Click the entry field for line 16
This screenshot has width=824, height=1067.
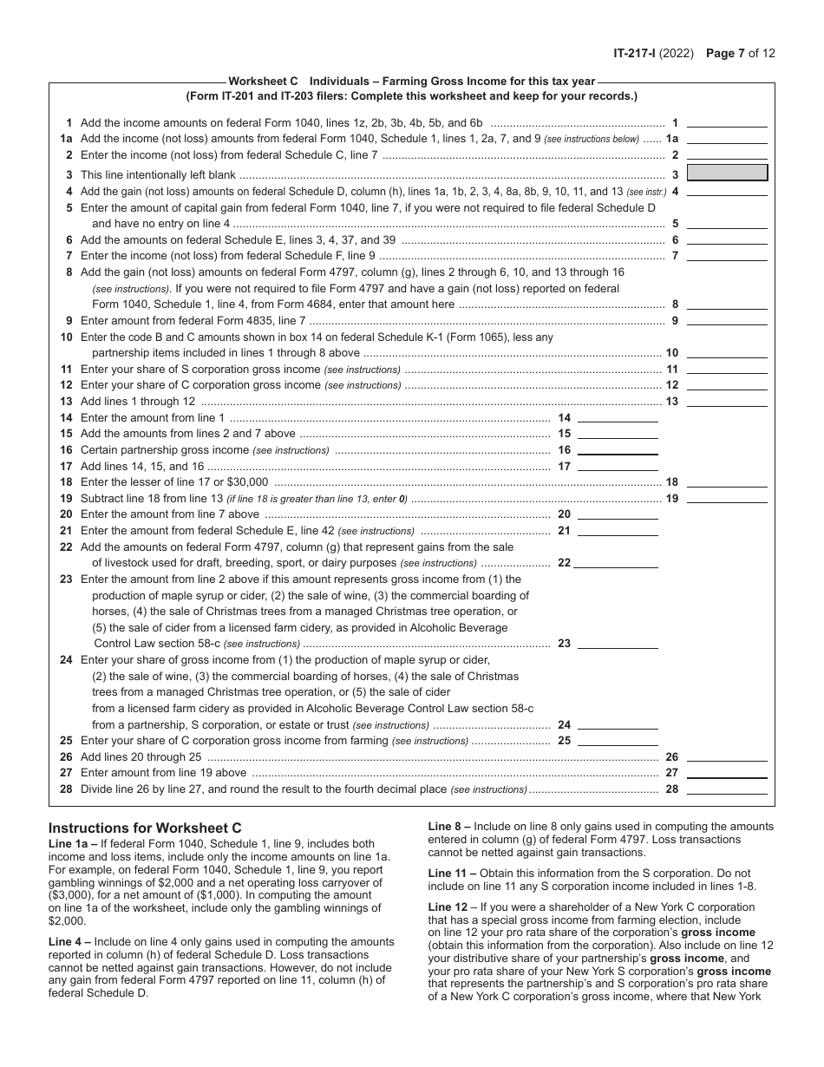(x=618, y=449)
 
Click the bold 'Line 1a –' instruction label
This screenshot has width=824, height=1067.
(x=74, y=843)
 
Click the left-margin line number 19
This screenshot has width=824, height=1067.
(x=66, y=499)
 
